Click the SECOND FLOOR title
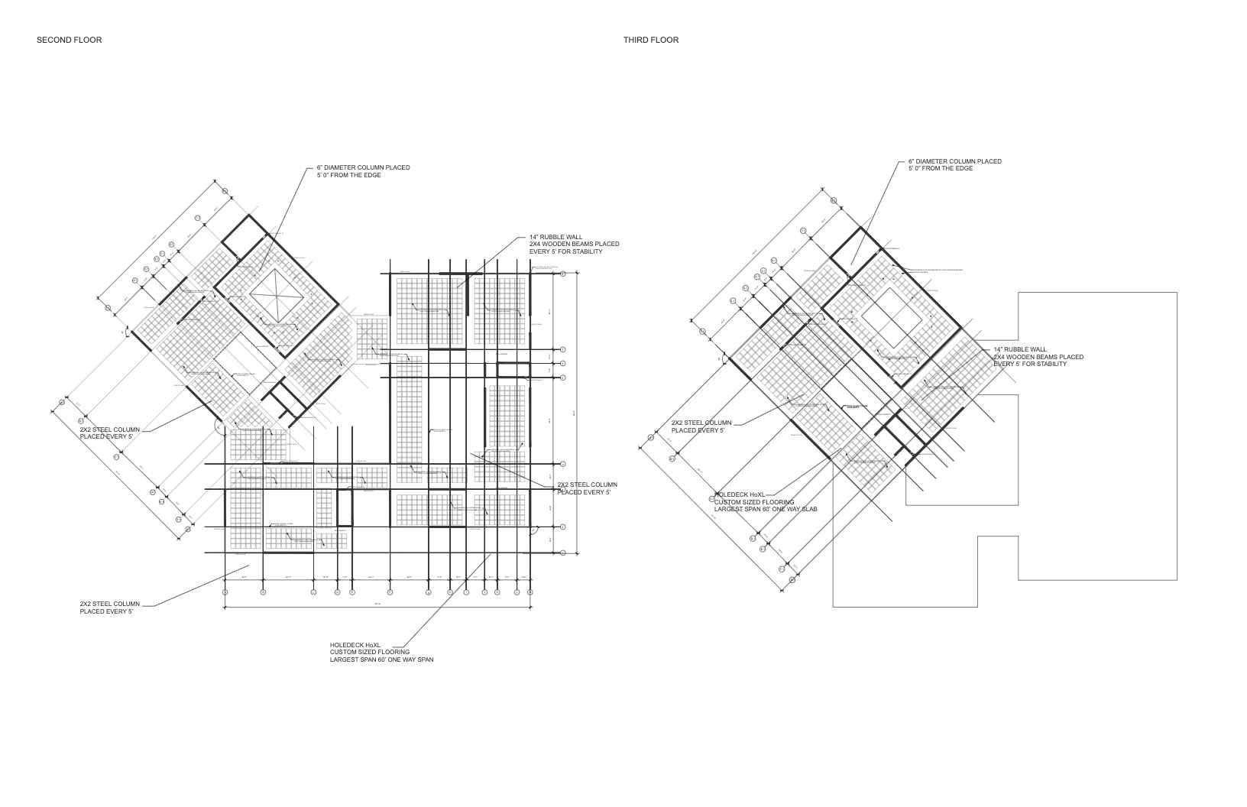pyautogui.click(x=69, y=40)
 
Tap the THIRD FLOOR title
pyautogui.click(x=650, y=40)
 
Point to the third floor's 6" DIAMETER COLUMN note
pyautogui.click(x=954, y=165)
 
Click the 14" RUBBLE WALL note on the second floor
pyautogui.click(x=574, y=245)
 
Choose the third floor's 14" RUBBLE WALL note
pyautogui.click(x=1038, y=357)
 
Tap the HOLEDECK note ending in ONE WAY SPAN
pyautogui.click(x=381, y=652)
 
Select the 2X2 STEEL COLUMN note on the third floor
pyautogui.click(x=701, y=426)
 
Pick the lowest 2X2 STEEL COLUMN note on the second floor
pyautogui.click(x=110, y=608)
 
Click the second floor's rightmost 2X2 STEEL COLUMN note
pyautogui.click(x=587, y=488)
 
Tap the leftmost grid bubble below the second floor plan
pyautogui.click(x=225, y=592)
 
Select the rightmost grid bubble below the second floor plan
pyautogui.click(x=530, y=592)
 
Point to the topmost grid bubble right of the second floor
pyautogui.click(x=563, y=273)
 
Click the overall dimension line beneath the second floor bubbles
pyautogui.click(x=377, y=608)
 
